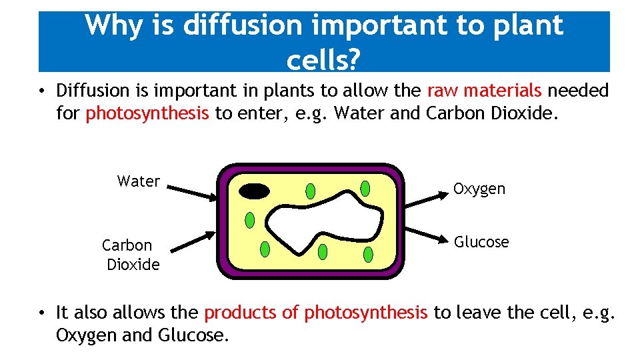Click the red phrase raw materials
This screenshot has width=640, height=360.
click(x=485, y=91)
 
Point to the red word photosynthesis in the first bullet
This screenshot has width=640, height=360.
click(x=147, y=113)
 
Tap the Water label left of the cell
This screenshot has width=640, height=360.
click(x=138, y=181)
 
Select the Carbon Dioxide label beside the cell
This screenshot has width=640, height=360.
click(x=131, y=255)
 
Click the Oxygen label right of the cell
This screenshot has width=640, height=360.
click(x=479, y=189)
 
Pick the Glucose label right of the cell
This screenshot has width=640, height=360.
click(x=481, y=242)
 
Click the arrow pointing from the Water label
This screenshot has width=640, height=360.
click(x=190, y=192)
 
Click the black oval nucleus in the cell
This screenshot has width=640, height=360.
click(x=255, y=191)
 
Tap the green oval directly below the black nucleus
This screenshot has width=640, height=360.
click(x=250, y=219)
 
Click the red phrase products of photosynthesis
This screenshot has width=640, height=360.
click(x=316, y=312)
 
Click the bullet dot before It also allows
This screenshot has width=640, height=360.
click(x=41, y=313)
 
